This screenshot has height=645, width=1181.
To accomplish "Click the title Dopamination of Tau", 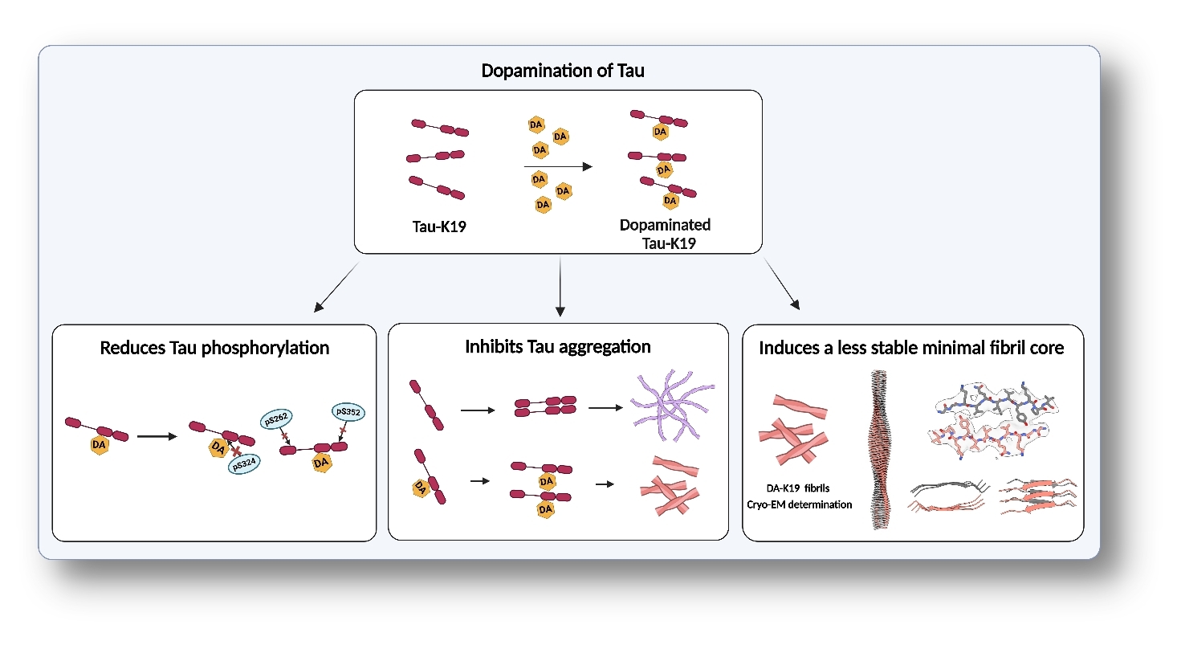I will click(x=562, y=71).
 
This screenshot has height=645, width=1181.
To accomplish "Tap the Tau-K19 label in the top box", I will click(x=439, y=227).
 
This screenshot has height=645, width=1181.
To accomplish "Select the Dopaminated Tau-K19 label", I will click(x=665, y=233).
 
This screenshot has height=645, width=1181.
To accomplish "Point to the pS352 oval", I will click(x=348, y=412).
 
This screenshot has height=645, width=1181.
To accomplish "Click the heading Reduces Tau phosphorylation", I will click(x=214, y=348).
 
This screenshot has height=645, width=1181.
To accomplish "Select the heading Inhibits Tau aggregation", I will click(x=557, y=347).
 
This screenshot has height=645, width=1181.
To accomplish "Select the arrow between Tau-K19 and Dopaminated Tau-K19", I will click(x=557, y=166).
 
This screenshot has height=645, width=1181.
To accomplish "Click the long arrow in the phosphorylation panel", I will click(x=157, y=436).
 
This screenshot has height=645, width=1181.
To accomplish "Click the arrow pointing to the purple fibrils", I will click(x=605, y=408).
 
